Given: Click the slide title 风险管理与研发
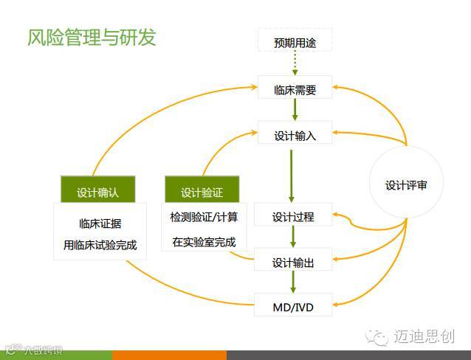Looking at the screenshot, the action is pos(92,37).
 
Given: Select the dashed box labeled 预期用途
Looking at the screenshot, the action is pos(295,42).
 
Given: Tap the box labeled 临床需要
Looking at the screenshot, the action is pos(295,90).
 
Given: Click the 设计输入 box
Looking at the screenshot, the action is pos(295,136).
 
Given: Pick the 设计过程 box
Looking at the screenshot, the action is pos(293,216).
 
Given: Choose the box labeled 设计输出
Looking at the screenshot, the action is pos(293,262).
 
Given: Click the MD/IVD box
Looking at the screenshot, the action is pos(293,305).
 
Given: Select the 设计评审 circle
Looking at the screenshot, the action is pos(405,185).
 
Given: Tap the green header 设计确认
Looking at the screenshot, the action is pos(97,193).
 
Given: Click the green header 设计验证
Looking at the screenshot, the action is pos(202,193).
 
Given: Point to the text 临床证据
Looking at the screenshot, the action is pos(100,224).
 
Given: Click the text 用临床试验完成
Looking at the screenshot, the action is pos(100,245).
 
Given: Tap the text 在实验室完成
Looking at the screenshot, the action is pos(204,241).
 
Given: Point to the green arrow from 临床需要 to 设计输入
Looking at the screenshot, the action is pos(295,110).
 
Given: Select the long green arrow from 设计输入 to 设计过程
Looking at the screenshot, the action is pos(292,176).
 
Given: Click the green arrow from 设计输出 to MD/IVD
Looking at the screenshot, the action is pos(293,283).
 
